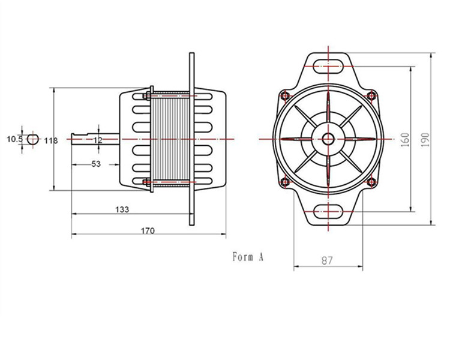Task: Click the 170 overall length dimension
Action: pos(148,230)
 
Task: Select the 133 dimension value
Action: pos(122,209)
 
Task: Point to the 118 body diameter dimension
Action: pos(51,140)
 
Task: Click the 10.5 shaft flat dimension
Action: pos(14,139)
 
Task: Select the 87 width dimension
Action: pos(327,260)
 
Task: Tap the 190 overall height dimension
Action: pos(425,139)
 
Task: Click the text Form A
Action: pos(248,257)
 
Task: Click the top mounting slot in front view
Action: pos(328,64)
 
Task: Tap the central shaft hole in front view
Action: pos(328,138)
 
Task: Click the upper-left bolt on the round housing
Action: pos(284,95)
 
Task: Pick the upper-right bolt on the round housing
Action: pos(371,95)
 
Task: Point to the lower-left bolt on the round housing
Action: pos(284,182)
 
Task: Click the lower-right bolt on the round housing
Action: pos(371,182)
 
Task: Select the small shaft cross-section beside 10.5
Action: pos(33,139)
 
